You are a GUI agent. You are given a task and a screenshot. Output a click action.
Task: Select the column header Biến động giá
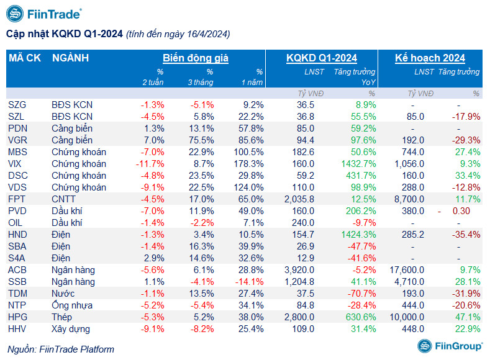196,58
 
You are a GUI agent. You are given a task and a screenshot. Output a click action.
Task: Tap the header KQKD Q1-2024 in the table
321,58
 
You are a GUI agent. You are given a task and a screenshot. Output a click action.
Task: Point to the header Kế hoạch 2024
430,58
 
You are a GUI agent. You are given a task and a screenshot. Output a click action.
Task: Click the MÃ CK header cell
25,58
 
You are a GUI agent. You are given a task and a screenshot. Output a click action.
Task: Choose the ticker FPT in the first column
17,199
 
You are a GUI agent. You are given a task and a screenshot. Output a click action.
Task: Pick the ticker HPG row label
18,317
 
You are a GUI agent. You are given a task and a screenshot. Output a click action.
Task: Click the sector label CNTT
63,199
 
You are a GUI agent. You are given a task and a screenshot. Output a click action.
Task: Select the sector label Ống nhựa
72,305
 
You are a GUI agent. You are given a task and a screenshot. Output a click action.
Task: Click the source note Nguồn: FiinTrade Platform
61,349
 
